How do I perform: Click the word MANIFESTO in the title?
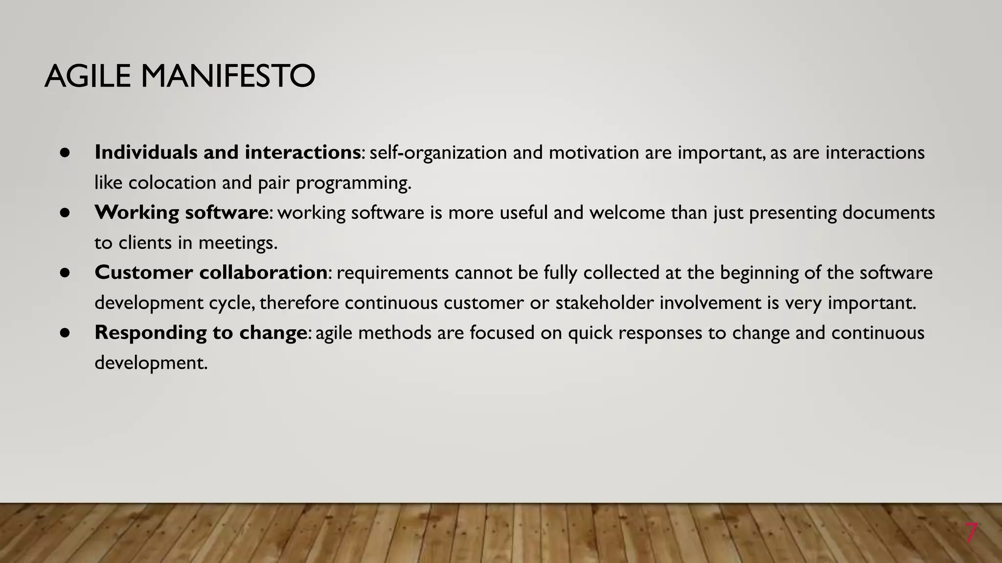coord(228,77)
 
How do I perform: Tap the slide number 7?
coord(971,533)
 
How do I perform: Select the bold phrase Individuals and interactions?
coord(228,152)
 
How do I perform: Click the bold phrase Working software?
coord(181,213)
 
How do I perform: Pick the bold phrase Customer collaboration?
coord(211,273)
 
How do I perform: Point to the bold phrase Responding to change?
coord(201,333)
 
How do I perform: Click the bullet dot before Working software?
coord(66,213)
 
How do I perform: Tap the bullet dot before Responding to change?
coord(66,333)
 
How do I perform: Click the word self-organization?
coord(438,153)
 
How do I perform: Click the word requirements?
coord(392,273)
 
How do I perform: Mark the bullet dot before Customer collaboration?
coord(66,273)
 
